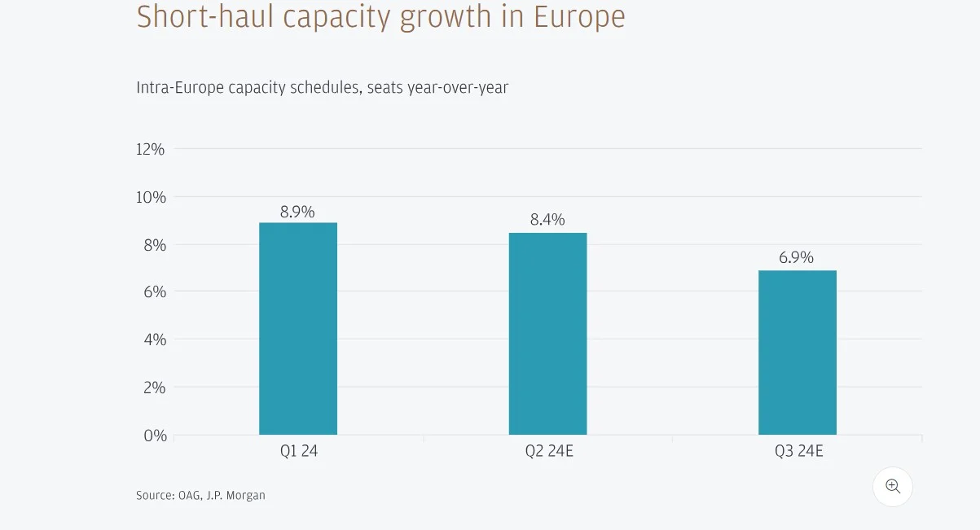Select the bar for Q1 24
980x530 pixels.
[x=298, y=329]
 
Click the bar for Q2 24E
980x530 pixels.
[x=547, y=334]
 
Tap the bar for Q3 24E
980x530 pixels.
[x=797, y=353]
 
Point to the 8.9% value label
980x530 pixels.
[x=297, y=212]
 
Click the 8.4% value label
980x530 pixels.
[x=547, y=220]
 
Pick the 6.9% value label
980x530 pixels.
[x=796, y=257]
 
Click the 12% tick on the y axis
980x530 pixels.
[x=151, y=149]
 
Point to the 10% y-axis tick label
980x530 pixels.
[x=151, y=197]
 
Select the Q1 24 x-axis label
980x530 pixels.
[x=298, y=450]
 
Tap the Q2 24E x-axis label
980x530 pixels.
[x=549, y=450]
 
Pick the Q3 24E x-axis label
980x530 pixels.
[x=798, y=450]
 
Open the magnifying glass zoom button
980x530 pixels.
[x=893, y=487]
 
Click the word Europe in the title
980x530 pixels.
[x=579, y=17]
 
